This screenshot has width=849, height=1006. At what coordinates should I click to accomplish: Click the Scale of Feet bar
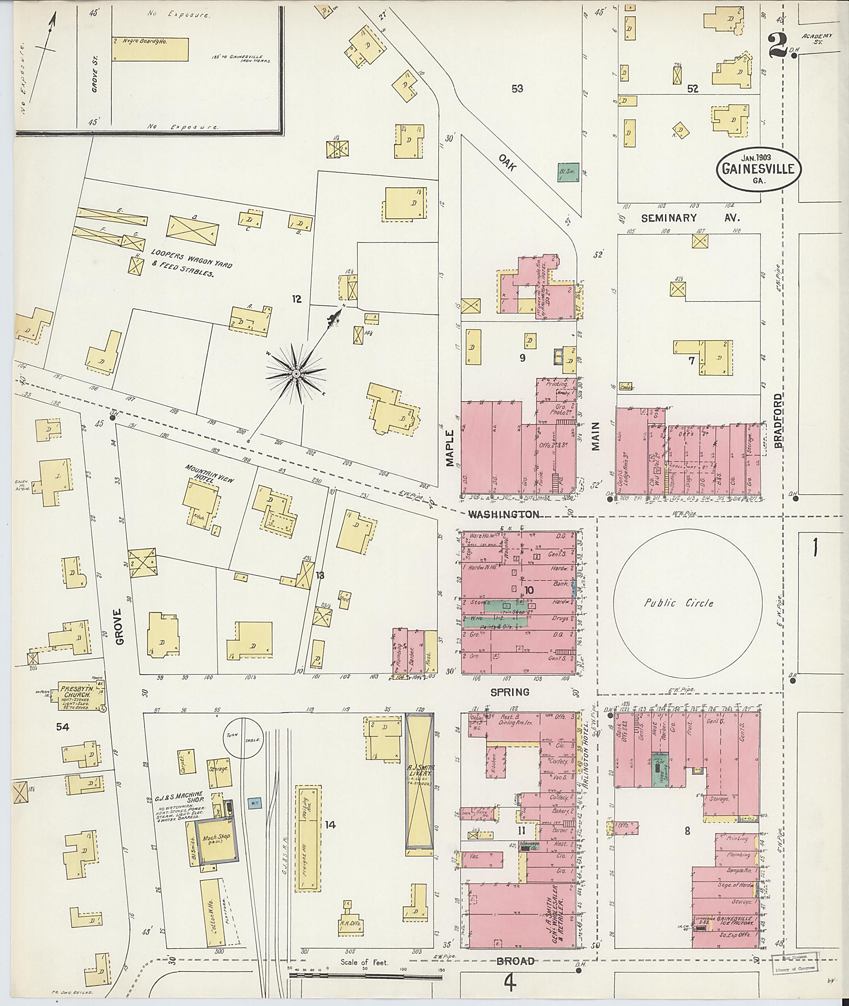click(366, 976)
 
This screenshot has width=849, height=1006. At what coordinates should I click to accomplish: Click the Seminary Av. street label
click(690, 218)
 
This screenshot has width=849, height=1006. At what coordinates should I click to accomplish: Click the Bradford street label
click(778, 422)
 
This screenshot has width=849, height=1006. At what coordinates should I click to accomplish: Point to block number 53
click(517, 89)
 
